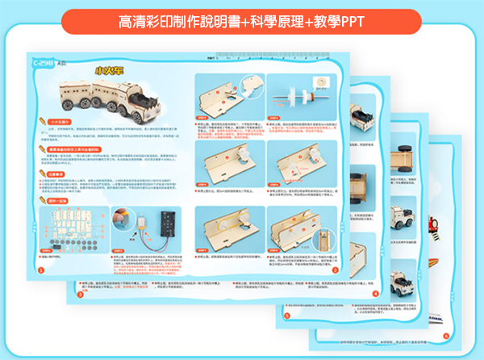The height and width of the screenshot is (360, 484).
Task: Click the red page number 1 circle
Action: (x=41, y=270)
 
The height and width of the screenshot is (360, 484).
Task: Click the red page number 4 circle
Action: (x=373, y=294)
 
